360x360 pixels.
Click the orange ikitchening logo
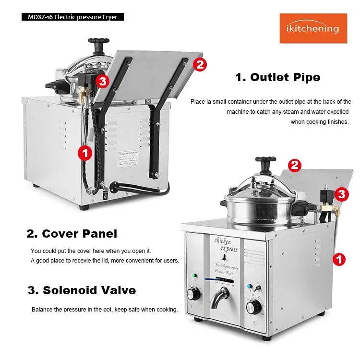click(313, 28)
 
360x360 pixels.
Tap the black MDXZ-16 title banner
click(69, 17)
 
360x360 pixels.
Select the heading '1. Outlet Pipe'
click(277, 77)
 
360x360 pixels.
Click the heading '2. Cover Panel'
click(72, 234)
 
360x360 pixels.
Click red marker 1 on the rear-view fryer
click(85, 153)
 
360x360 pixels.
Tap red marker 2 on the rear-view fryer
click(200, 64)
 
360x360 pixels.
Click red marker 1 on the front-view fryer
click(339, 260)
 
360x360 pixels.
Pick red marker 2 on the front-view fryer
click(295, 166)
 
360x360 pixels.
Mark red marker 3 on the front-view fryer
click(341, 194)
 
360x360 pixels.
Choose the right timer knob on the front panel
click(252, 308)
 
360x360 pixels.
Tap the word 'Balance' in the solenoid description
click(43, 310)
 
